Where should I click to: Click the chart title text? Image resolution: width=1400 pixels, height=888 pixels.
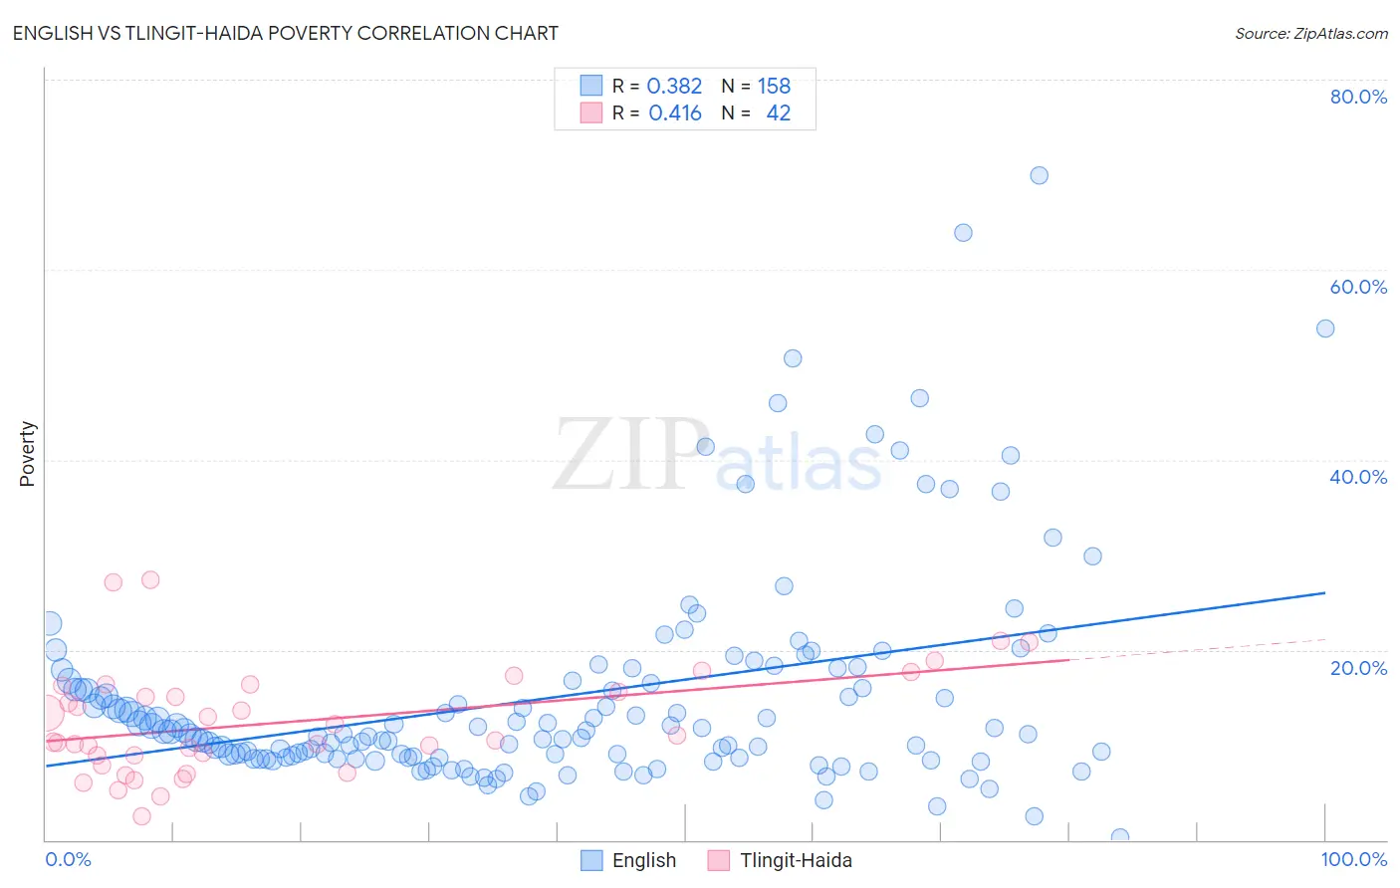point(285,33)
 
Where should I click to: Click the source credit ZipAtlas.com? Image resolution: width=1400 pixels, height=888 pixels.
point(1310,33)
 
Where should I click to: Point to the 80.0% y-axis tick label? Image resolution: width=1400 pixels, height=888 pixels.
point(1358,97)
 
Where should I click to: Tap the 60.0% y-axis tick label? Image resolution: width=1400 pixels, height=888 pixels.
point(1358,287)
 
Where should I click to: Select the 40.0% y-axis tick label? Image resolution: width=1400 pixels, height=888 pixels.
point(1358,477)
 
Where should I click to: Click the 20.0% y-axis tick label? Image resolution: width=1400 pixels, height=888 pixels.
point(1358,667)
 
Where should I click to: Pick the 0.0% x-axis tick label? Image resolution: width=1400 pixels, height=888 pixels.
point(68,859)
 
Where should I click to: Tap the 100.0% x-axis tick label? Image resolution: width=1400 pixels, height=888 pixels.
point(1353,859)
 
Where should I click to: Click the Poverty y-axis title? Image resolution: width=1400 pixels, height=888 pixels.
point(27,454)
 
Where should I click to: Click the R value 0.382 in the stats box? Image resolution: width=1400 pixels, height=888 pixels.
point(674,87)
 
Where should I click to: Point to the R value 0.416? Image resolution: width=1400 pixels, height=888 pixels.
point(674,113)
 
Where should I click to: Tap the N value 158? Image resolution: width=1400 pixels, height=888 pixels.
point(774,87)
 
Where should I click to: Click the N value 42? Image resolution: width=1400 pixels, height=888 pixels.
point(778,113)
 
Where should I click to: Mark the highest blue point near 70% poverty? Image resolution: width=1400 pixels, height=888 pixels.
point(1039,175)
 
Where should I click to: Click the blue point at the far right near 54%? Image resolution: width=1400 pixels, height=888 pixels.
point(1325,329)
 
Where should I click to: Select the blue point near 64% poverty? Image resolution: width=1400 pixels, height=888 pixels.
point(963,233)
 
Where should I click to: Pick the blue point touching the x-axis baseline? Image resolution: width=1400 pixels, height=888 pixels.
point(1119,837)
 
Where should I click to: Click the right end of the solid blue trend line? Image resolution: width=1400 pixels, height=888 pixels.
point(1324,592)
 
